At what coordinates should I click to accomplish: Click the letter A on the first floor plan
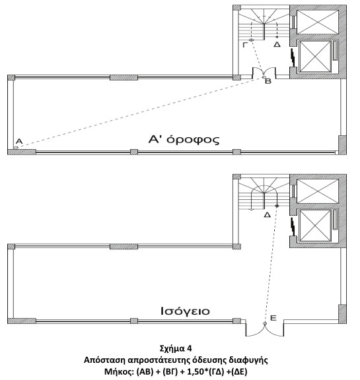click(x=19, y=141)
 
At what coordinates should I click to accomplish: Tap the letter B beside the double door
click(x=268, y=81)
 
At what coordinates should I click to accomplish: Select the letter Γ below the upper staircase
click(x=246, y=45)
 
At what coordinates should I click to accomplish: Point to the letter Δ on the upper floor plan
click(x=277, y=45)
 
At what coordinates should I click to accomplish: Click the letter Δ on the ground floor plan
click(x=268, y=214)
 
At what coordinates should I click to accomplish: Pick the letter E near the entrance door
click(x=273, y=318)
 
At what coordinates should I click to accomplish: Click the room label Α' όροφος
click(x=184, y=140)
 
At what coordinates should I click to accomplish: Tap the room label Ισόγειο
click(x=185, y=311)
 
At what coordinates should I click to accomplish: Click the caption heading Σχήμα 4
click(x=176, y=348)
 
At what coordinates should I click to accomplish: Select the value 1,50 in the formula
click(x=196, y=371)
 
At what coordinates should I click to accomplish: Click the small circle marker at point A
click(x=16, y=148)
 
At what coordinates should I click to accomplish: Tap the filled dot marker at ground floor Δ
click(x=277, y=206)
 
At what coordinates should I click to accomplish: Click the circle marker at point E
click(x=265, y=323)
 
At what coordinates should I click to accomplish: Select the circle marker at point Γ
click(x=251, y=40)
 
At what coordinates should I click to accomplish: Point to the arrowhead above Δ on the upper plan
click(x=277, y=36)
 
